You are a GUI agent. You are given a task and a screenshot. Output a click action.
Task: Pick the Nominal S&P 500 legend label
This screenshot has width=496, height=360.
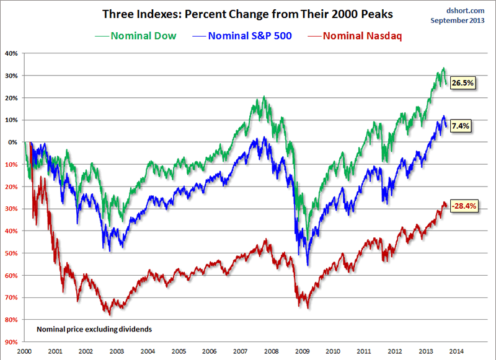[246, 35]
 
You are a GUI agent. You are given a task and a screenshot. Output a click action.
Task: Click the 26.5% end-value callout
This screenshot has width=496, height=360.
[463, 82]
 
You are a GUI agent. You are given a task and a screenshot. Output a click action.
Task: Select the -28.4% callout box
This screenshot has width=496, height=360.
[464, 206]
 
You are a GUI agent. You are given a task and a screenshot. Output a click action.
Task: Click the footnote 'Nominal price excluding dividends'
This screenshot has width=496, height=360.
[94, 329]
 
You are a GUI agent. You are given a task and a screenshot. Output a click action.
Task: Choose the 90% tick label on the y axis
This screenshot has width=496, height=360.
[12, 341]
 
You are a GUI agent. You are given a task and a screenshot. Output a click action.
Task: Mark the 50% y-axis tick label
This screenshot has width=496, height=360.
[12, 253]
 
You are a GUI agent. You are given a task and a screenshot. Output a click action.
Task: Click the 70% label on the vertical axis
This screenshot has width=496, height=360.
[12, 297]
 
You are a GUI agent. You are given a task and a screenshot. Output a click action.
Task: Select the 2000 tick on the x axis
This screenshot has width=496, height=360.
[25, 350]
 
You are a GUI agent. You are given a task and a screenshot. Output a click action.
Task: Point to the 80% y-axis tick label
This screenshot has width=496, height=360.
[12, 320]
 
